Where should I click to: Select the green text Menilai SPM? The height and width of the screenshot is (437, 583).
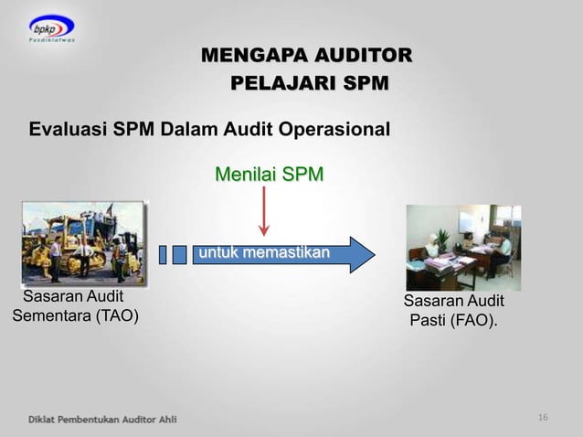click(269, 174)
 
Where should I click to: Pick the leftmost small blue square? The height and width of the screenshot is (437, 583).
click(163, 254)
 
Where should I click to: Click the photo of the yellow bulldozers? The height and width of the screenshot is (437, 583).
click(83, 243)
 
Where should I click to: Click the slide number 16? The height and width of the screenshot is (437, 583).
click(544, 418)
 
